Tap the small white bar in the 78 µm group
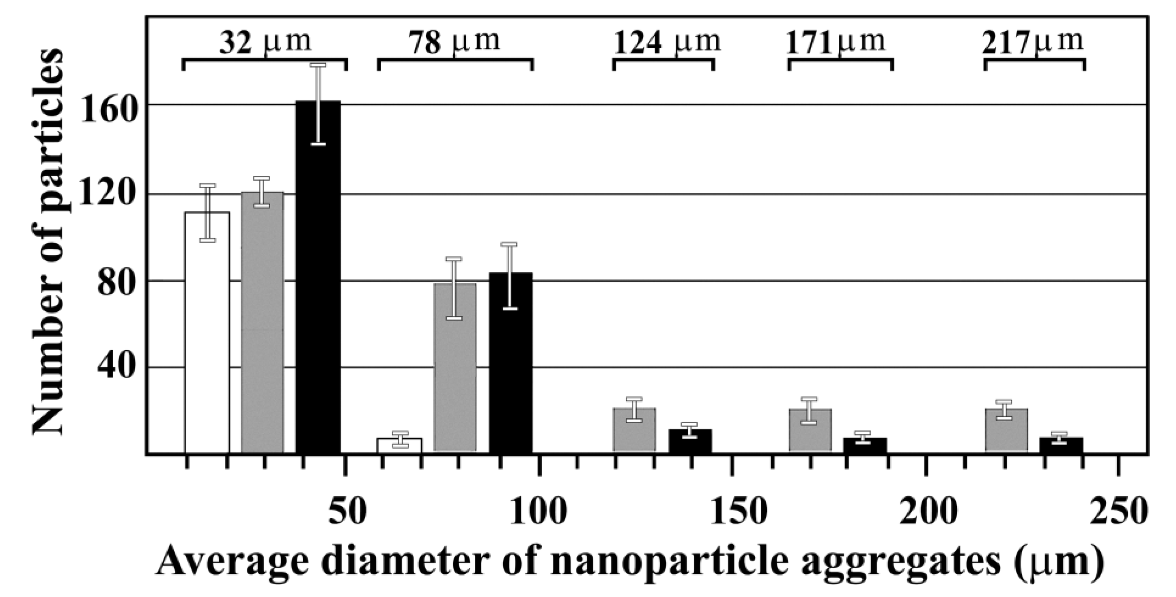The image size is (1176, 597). [399, 445]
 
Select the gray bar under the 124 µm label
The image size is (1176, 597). [634, 429]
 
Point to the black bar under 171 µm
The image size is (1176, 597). [865, 445]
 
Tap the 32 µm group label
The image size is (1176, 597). [265, 42]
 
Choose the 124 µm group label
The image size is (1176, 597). [666, 42]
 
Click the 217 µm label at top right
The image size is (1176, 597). [1033, 42]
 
